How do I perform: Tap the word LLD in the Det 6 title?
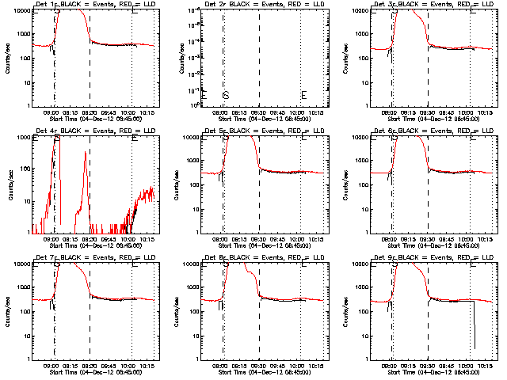(474, 131)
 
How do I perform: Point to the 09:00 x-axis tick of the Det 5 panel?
(223, 238)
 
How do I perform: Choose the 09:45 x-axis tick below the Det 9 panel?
(448, 365)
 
